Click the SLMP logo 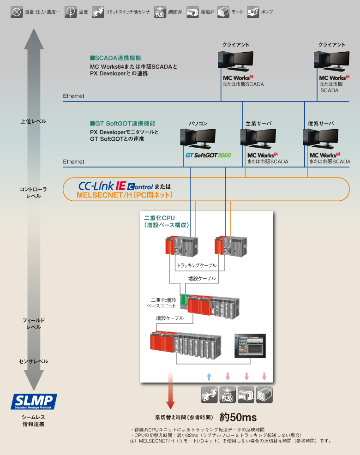[x=34, y=401]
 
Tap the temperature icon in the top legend [x=71, y=12]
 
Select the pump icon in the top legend [x=252, y=12]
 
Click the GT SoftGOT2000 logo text [x=208, y=156]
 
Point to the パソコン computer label [x=198, y=124]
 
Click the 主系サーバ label [x=258, y=124]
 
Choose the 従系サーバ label [x=321, y=124]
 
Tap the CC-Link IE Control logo [x=115, y=186]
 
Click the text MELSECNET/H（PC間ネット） [x=125, y=196]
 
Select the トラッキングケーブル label [x=197, y=266]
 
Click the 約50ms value [x=238, y=417]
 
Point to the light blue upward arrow [x=209, y=376]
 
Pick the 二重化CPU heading [x=160, y=217]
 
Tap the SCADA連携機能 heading [x=115, y=58]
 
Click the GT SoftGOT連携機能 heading [x=122, y=124]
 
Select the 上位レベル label [x=33, y=121]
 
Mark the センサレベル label [x=33, y=361]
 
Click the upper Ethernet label [x=74, y=96]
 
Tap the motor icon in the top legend [x=223, y=12]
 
